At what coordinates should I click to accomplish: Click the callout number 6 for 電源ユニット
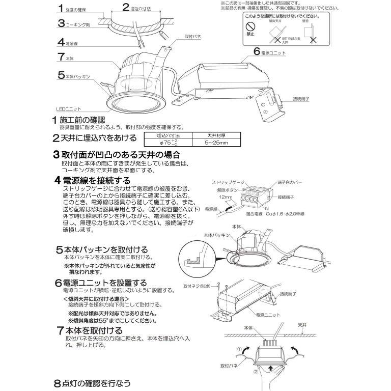click(257, 52)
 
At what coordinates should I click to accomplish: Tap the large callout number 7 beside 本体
click(61, 58)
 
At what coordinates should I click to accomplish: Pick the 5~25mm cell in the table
click(203, 143)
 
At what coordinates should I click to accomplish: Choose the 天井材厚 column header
click(203, 136)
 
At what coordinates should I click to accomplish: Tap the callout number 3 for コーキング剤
click(60, 23)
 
